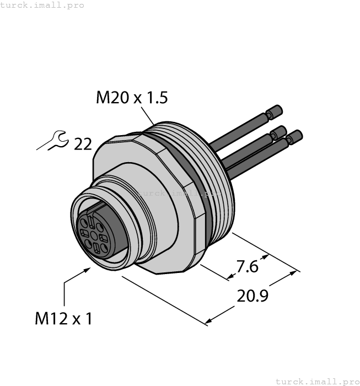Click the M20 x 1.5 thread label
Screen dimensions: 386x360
132,98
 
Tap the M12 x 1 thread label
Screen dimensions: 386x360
63,319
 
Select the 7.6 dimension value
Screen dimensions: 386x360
246,266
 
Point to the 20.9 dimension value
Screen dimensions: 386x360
252,296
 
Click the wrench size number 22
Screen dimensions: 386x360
83,144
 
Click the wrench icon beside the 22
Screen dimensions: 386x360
53,142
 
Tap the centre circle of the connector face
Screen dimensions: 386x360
94,237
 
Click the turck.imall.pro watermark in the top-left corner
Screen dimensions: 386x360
42,5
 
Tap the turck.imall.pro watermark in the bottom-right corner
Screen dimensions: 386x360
317,381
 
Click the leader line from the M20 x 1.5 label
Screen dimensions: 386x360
148,117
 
